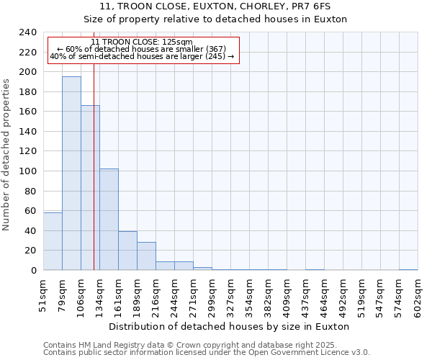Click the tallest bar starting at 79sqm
[71, 173]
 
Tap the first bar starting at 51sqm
[53, 241]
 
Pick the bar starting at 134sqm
[109, 220]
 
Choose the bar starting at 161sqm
[127, 251]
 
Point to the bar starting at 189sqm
[146, 256]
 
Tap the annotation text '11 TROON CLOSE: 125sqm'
[142, 42]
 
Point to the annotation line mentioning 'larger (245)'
[142, 56]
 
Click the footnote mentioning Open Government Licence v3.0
[207, 353]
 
